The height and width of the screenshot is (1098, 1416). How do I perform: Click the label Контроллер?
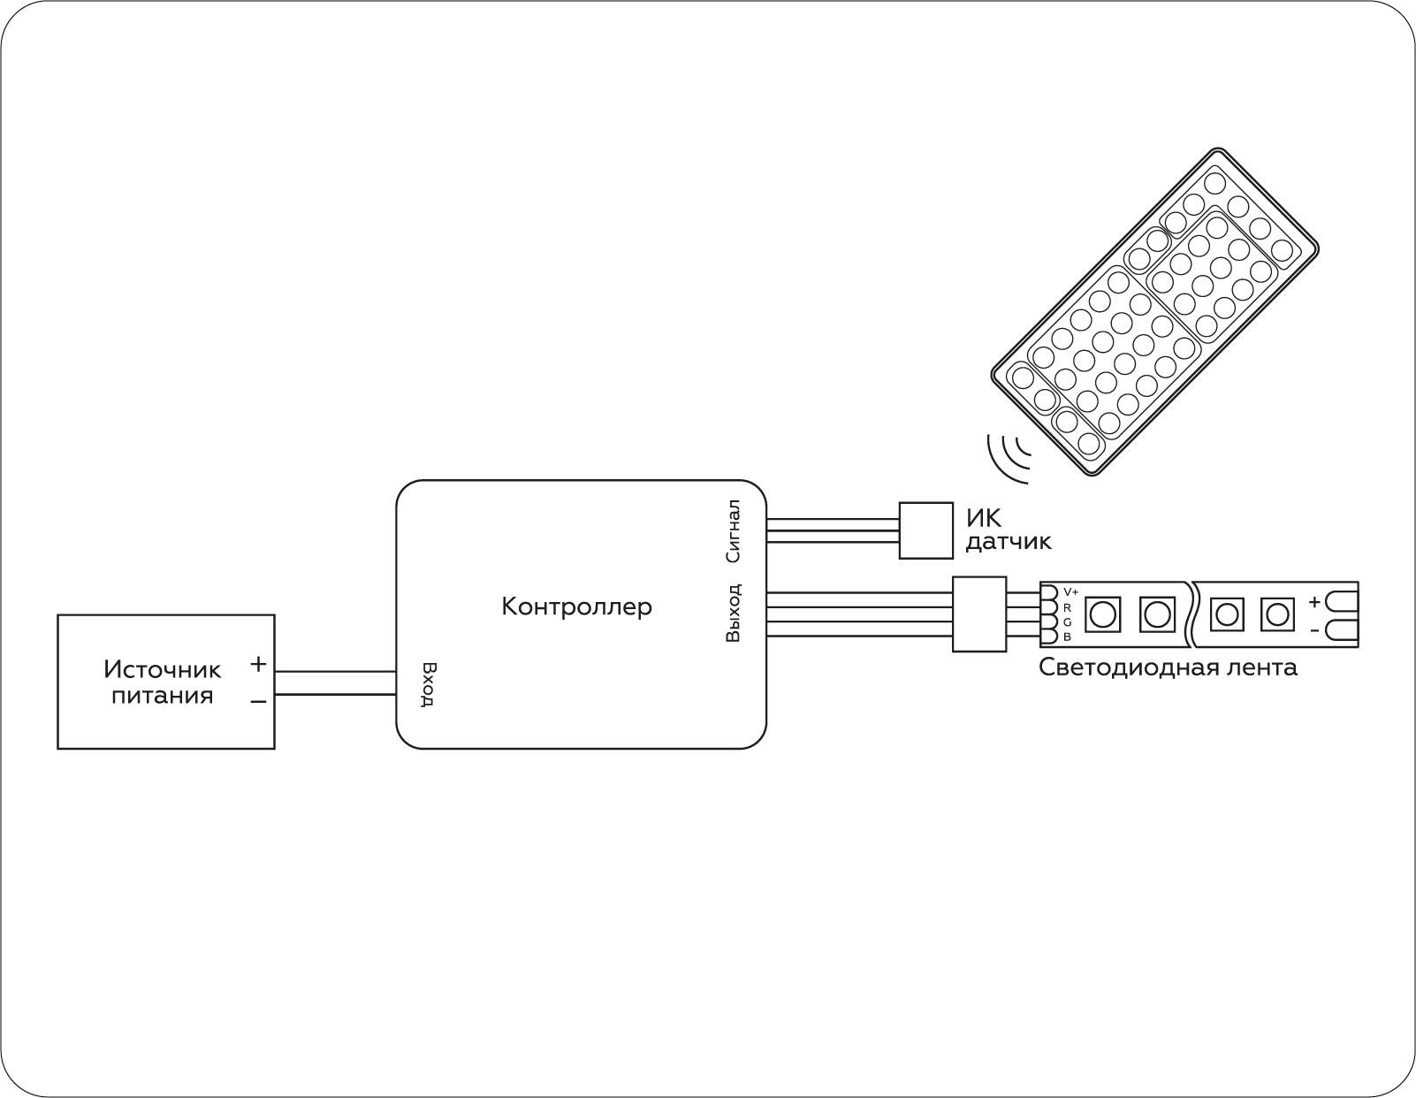point(576,606)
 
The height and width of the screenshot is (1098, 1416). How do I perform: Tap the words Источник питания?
point(162,682)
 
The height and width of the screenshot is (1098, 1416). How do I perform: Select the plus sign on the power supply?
point(258,663)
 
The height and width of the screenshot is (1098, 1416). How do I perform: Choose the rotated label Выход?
point(732,613)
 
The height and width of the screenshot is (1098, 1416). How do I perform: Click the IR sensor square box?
point(925,530)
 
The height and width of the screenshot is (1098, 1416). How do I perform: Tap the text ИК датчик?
point(1008,529)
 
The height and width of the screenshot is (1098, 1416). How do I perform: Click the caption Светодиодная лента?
point(1168,667)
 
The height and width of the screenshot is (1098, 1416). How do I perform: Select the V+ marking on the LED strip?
point(1070,591)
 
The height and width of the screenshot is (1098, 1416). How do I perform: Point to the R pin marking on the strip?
point(1068,607)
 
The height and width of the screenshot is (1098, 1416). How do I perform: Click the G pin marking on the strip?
point(1068,622)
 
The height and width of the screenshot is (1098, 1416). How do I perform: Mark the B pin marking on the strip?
point(1068,637)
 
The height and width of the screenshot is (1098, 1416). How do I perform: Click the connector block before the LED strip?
point(978,614)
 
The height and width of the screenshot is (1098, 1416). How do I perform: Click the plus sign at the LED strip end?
point(1314,602)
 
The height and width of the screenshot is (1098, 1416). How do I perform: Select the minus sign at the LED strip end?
point(1314,630)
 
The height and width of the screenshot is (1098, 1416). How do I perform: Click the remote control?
point(1154,313)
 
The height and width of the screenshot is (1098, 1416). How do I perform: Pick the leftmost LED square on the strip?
point(1102,613)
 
